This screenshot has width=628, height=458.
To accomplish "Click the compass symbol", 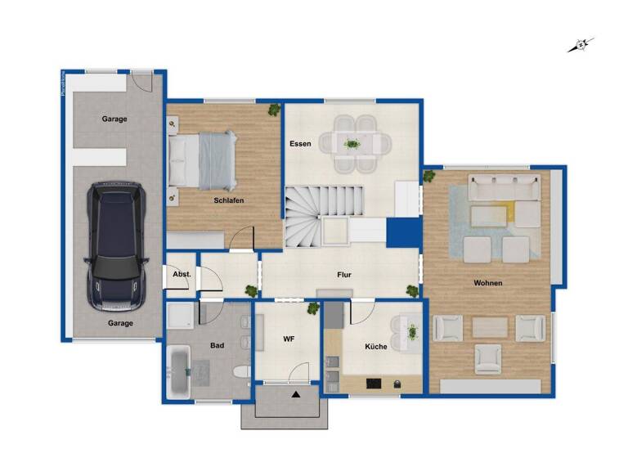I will tap(581, 45).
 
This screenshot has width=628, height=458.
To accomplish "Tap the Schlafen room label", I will tap(229, 200).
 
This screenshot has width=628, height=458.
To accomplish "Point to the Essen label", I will tap(300, 144).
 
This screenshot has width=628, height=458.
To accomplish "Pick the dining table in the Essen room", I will tap(352, 144).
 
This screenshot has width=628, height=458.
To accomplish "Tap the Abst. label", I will tap(181, 276).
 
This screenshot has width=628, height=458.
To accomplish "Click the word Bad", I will tap(217, 346).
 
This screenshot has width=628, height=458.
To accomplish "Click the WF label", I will tap(288, 338).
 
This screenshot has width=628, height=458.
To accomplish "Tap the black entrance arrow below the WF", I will tap(295, 395).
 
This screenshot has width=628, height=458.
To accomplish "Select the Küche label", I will tap(376, 347).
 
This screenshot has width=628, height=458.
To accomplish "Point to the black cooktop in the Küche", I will tap(373, 383).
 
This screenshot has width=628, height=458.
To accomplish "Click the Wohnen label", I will tap(487, 283).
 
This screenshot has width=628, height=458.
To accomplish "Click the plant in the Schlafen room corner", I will tap(273, 109).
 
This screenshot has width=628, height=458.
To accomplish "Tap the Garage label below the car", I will tap(119, 323).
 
